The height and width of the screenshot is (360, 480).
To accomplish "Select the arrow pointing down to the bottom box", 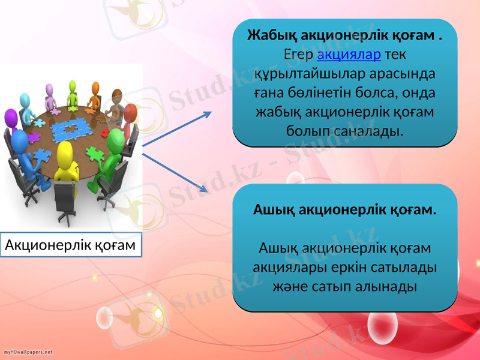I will pyautogui.click(x=176, y=173).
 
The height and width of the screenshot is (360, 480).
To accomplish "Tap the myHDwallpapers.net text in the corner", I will pyautogui.click(x=28, y=352).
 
